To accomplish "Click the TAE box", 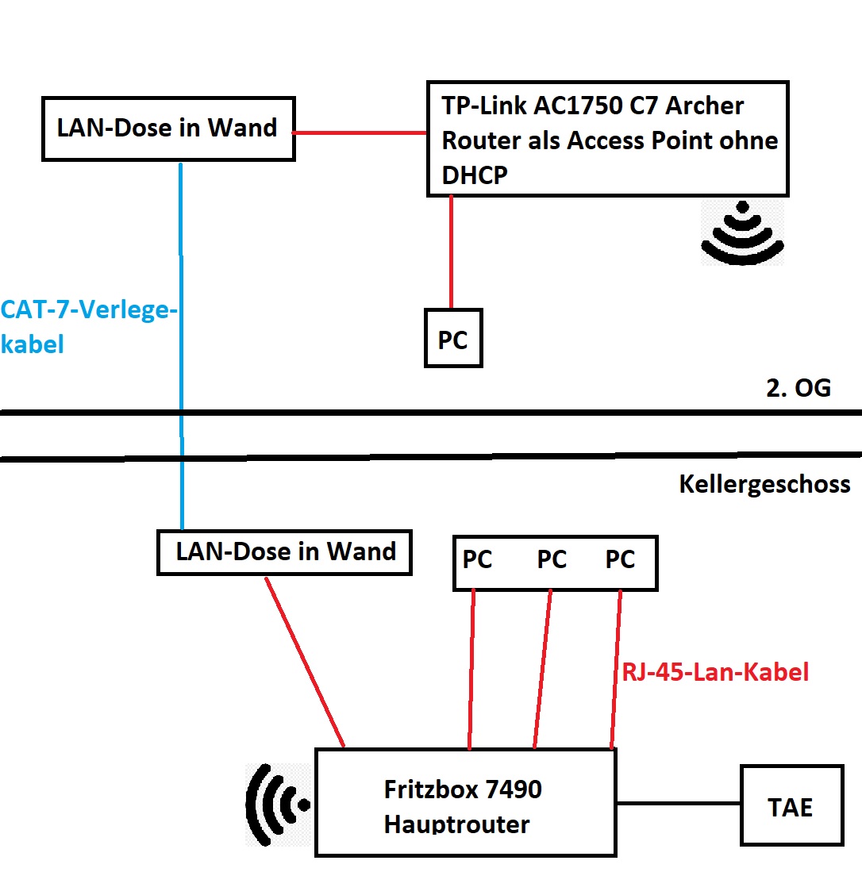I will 791,806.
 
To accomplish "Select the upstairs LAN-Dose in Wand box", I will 167,128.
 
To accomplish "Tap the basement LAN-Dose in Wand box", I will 285,551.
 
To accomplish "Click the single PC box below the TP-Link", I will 453,339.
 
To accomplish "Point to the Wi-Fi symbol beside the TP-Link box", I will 742,232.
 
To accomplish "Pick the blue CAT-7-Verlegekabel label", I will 87,327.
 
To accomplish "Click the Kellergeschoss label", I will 764,483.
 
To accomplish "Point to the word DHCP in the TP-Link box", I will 475,175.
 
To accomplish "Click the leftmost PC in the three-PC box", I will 478,560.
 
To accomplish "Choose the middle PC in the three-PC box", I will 552,560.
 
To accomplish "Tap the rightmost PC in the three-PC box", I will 620,560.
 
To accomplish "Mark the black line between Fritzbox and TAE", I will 679,803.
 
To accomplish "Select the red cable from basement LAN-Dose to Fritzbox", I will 306,663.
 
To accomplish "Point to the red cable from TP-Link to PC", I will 452,252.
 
